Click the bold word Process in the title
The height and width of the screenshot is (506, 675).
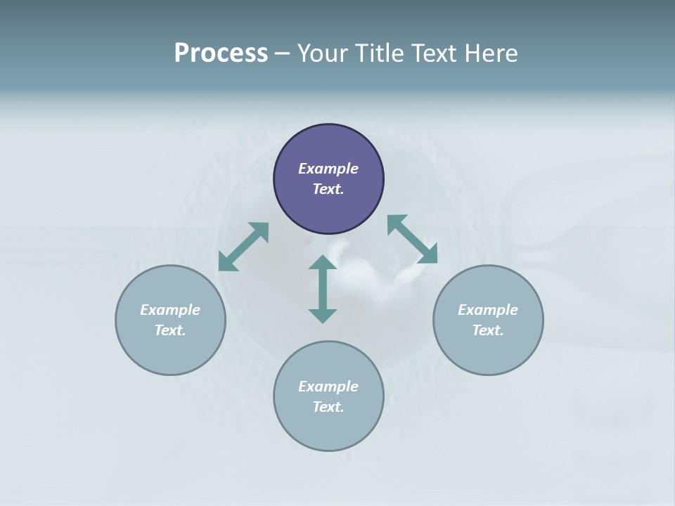coord(221,53)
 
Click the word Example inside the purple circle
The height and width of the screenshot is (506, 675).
coord(328,169)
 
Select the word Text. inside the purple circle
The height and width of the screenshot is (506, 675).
coord(328,189)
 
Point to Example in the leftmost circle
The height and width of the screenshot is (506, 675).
coord(170,310)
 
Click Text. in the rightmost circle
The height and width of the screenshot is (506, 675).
coord(488,330)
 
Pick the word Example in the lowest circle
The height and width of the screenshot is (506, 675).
coord(328,387)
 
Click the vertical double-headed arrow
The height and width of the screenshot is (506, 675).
coord(323,289)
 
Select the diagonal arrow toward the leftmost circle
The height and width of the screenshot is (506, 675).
coord(243,247)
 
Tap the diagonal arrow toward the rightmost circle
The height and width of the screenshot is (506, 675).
coord(413,239)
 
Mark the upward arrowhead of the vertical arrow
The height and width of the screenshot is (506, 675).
coord(323,263)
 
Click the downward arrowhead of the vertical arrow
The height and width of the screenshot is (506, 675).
coord(323,315)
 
